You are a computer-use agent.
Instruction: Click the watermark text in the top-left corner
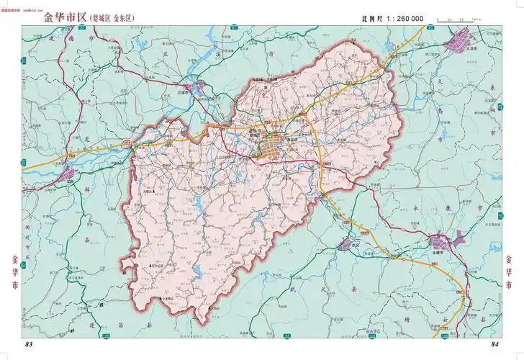36,4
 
